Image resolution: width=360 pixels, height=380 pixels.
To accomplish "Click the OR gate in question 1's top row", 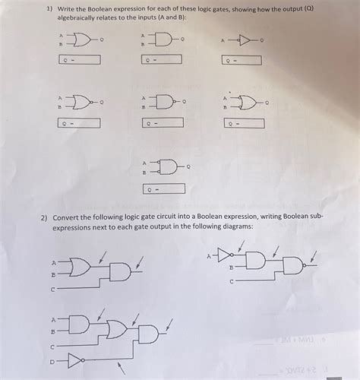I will [x=79, y=40].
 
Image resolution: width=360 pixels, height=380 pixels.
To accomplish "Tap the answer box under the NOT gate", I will [x=242, y=60].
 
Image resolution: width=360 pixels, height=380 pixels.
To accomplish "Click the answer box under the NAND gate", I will [x=162, y=122].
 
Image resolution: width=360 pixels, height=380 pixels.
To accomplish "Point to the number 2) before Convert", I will [x=46, y=216].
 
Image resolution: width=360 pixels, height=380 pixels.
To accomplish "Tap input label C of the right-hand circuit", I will [x=231, y=281].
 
